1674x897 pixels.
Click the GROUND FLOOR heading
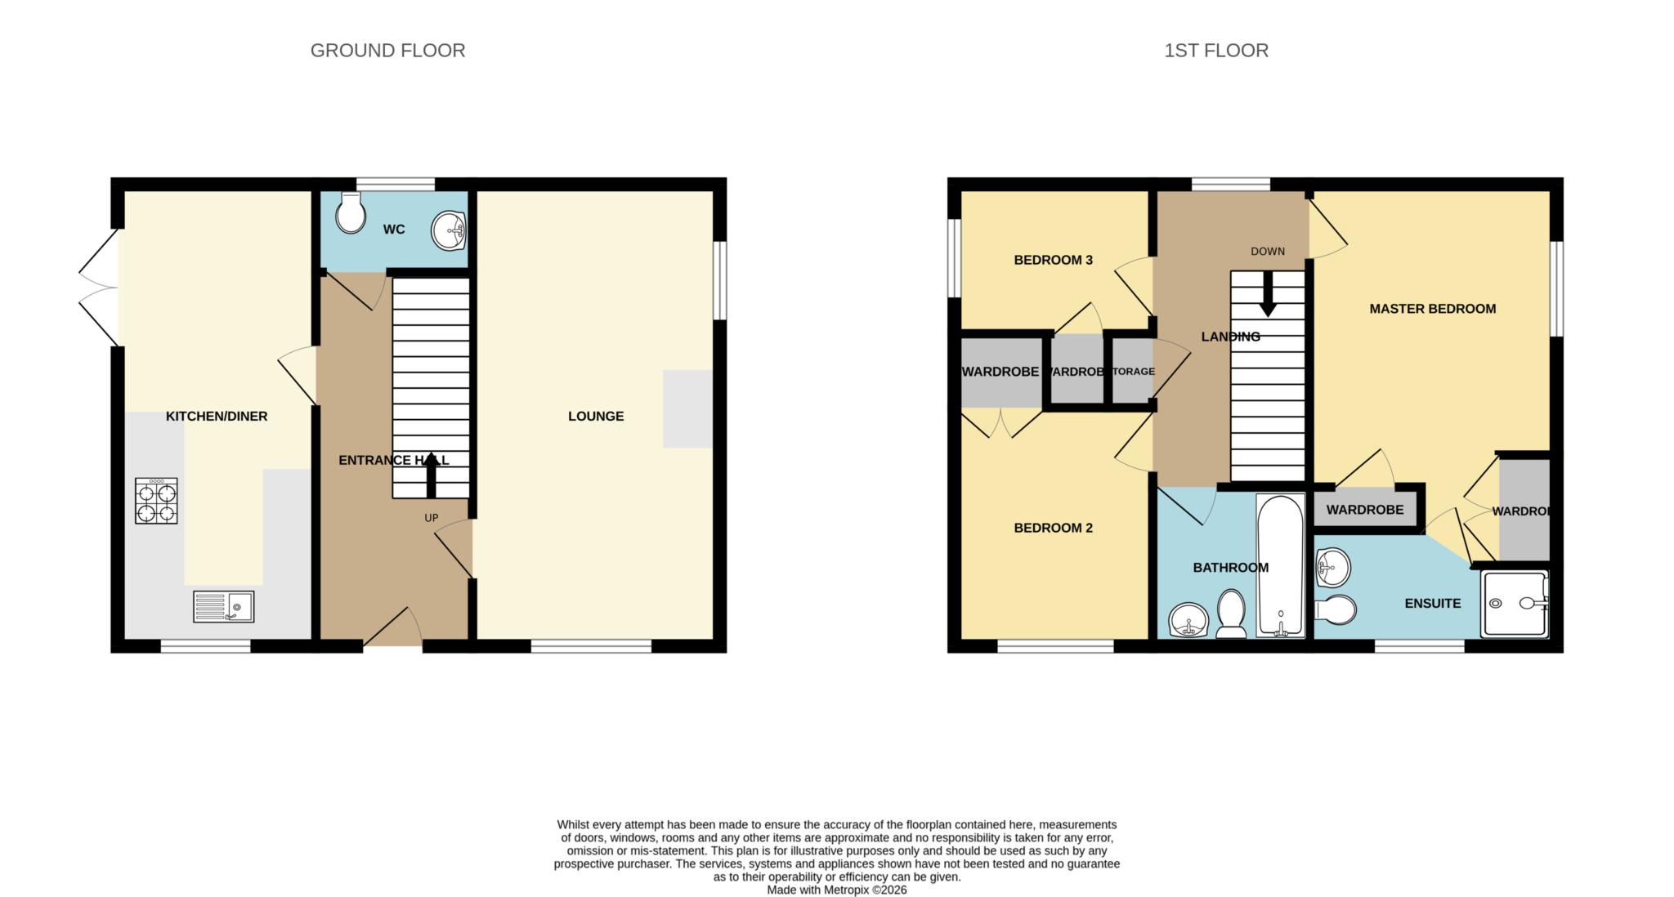tap(387, 51)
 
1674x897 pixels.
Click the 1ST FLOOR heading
tap(1215, 51)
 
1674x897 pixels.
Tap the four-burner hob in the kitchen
tap(156, 501)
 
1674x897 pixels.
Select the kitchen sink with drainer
tap(223, 606)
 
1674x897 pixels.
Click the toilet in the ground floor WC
tap(351, 213)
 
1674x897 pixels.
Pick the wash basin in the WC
tap(449, 230)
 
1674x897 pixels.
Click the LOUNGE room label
tap(595, 416)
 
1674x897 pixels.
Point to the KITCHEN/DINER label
tap(217, 416)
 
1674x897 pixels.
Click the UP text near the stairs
tap(431, 518)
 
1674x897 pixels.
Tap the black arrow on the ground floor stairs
tap(431, 475)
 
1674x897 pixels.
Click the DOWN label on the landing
tap(1267, 251)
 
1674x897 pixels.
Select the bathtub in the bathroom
tap(1280, 566)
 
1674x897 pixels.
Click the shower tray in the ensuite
tap(1514, 604)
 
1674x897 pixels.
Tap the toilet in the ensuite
tap(1337, 609)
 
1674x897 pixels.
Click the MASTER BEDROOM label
tap(1432, 308)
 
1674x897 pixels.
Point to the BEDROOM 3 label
tap(1053, 260)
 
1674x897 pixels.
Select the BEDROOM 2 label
tap(1053, 528)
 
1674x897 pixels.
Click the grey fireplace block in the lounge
tap(687, 408)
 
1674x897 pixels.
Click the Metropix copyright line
tap(836, 890)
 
